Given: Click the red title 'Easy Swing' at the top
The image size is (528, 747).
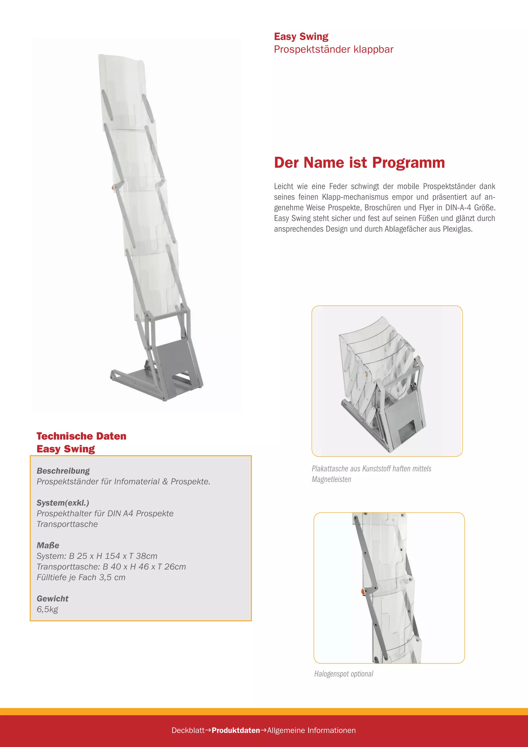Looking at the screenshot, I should coord(301,36).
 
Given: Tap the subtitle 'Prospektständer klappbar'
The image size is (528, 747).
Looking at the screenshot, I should coord(334,50).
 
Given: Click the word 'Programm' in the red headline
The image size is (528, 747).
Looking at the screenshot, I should coord(408,163).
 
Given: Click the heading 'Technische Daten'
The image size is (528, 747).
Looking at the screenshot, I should coord(81,436).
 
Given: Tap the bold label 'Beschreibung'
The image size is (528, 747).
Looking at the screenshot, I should coord(63,471).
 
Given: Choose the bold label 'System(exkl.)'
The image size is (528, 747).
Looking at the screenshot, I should coord(63,503).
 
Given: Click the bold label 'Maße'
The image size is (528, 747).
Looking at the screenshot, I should coord(48,545).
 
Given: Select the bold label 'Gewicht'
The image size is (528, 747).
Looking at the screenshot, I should coord(52,599).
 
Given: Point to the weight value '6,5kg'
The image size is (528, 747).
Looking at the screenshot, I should coord(47,609).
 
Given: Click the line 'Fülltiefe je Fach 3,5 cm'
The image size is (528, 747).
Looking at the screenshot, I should coord(81,578).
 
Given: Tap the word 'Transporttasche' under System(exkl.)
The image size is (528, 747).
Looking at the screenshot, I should coord(67,524).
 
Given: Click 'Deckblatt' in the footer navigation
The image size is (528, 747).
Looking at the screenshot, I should coord(188,730).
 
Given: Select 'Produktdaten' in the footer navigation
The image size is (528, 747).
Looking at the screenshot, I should coord(236,730).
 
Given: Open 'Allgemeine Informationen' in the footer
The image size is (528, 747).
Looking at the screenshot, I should coord(311,730).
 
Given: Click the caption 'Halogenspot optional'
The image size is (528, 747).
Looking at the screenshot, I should coord(343,674).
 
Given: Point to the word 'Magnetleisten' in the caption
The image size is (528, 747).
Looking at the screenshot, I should coord(331,479).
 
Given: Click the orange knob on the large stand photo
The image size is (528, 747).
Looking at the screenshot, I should coord(113,188).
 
